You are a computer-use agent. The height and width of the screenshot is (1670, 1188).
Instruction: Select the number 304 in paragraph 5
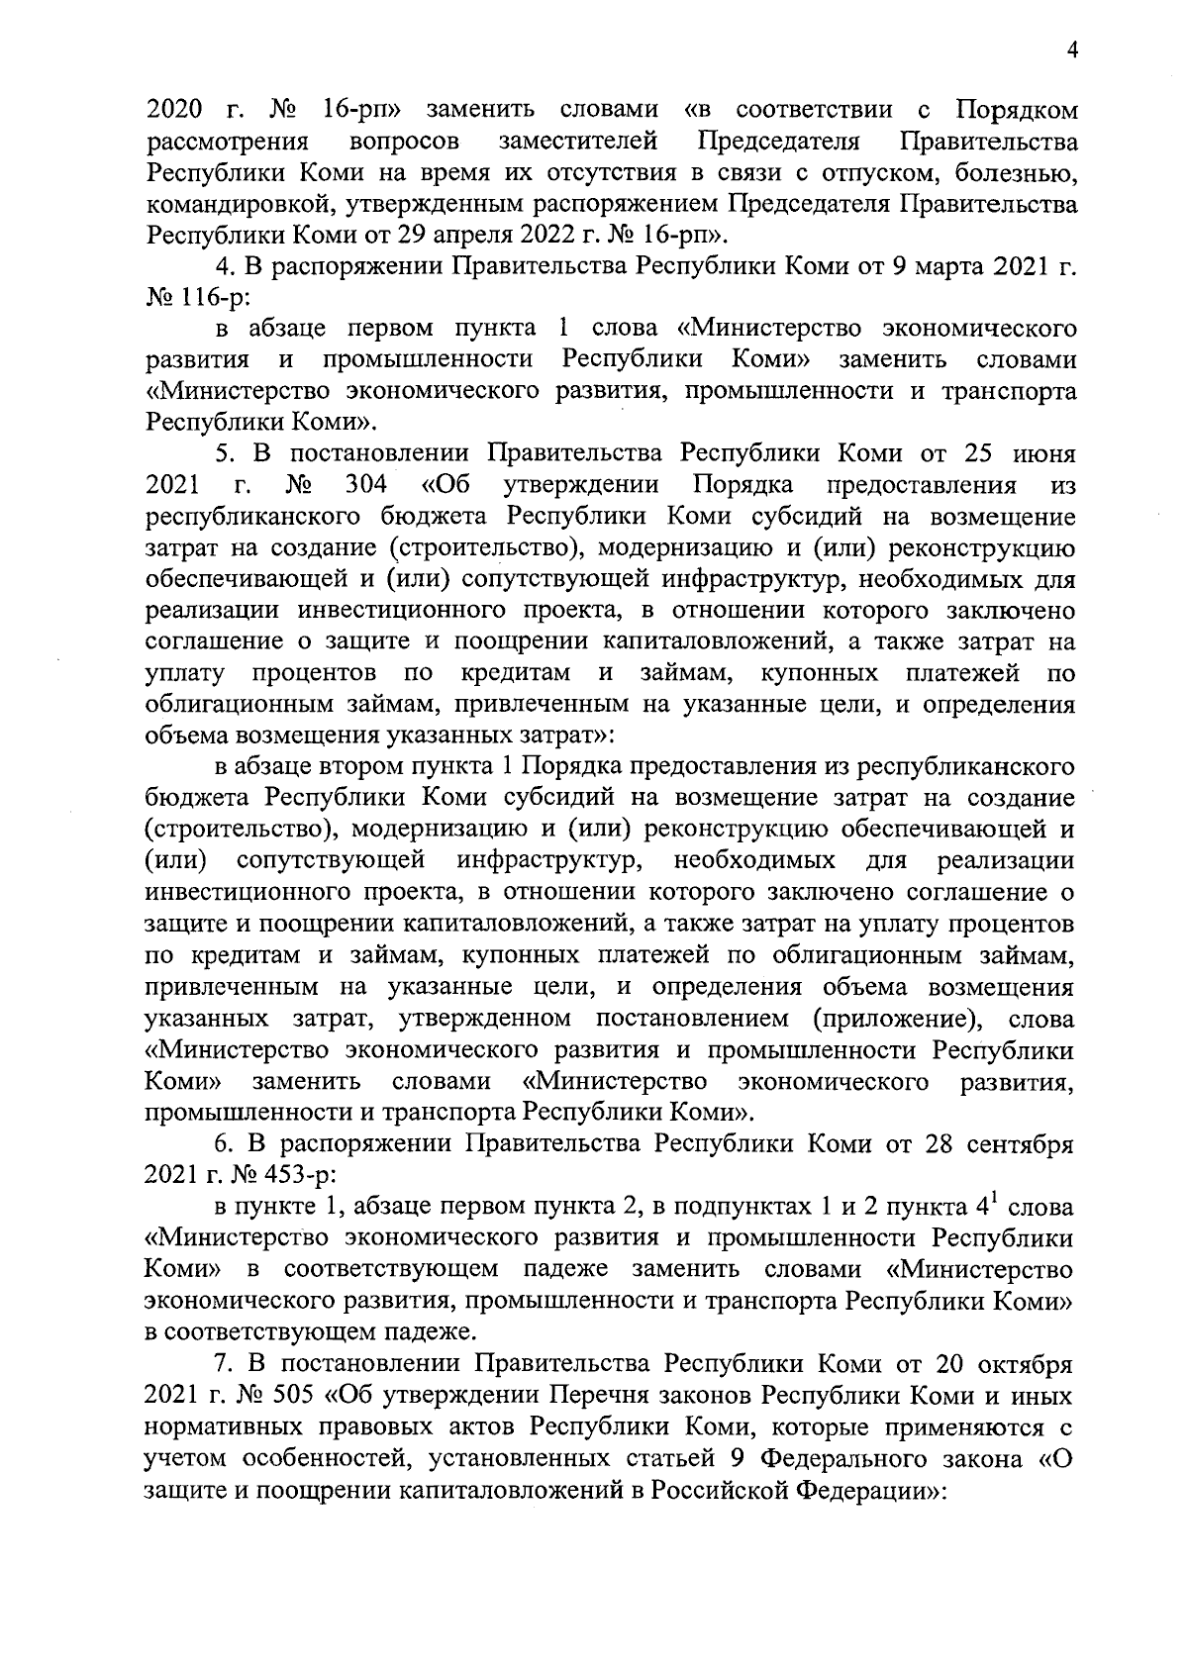367,485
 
